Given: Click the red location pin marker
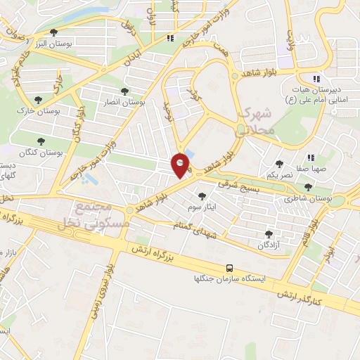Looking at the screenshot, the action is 181,165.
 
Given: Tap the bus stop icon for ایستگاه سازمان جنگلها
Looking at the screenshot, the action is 230,267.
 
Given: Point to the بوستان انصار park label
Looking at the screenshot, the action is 124,102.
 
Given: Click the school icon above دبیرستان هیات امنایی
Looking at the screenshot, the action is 316,78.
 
